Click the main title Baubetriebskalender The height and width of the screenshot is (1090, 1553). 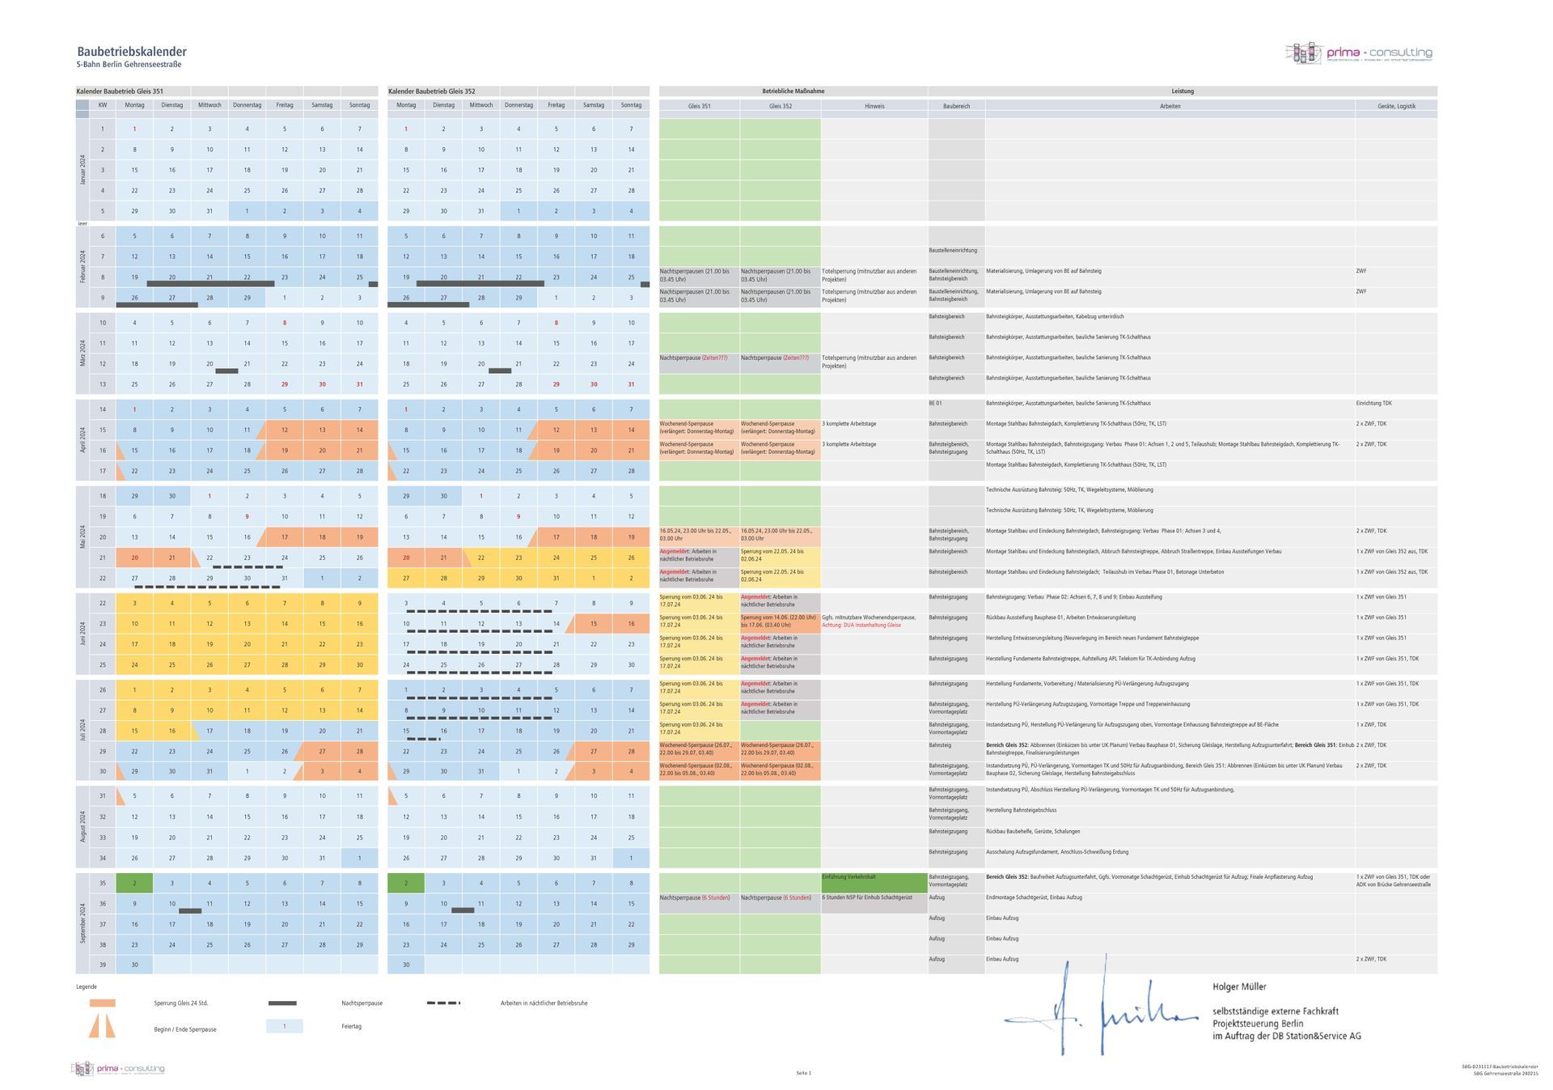click(x=132, y=52)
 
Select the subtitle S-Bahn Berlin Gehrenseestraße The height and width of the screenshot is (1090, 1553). click(x=129, y=65)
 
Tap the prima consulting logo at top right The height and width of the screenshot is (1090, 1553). click(x=1358, y=53)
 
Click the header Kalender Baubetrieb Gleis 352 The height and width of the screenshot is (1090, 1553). click(x=432, y=91)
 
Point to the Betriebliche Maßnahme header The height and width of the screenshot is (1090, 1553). click(x=793, y=91)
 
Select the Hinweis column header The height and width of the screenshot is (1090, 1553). click(x=874, y=106)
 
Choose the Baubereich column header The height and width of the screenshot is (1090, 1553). click(x=956, y=106)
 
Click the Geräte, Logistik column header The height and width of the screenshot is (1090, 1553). click(x=1395, y=106)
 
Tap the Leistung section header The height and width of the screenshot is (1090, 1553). click(x=1182, y=91)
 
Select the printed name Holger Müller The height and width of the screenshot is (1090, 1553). click(x=1239, y=986)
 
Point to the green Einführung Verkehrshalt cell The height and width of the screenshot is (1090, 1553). click(x=874, y=882)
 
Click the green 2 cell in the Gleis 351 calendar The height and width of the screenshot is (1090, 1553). click(x=134, y=883)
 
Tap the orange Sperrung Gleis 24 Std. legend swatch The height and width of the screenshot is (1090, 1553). click(x=102, y=1003)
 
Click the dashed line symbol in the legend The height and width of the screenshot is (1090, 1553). click(x=443, y=1003)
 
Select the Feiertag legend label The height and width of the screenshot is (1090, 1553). click(x=351, y=1026)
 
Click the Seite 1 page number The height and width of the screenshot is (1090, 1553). click(x=803, y=1073)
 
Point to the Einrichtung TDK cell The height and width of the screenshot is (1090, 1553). click(x=1373, y=403)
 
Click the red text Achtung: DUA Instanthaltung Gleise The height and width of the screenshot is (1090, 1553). click(x=861, y=626)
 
